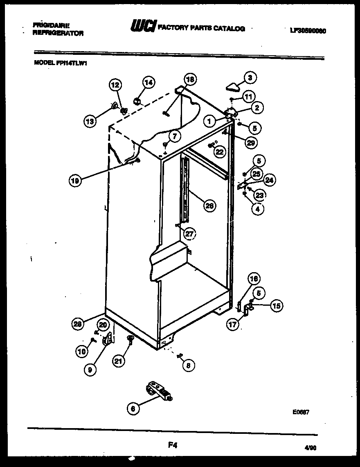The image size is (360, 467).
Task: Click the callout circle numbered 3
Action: pyautogui.click(x=250, y=77)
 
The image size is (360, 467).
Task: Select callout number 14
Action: pyautogui.click(x=148, y=82)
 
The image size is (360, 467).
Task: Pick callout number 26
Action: pyautogui.click(x=209, y=206)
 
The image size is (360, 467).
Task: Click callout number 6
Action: pyautogui.click(x=133, y=408)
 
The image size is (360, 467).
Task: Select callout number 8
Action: pyautogui.click(x=188, y=365)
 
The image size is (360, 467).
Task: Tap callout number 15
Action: pyautogui.click(x=277, y=305)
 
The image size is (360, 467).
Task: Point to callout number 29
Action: pyautogui.click(x=251, y=142)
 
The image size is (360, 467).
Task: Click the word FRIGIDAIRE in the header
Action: pyautogui.click(x=51, y=25)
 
